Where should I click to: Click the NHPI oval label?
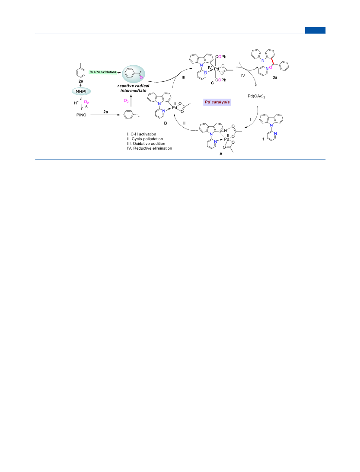[x=81, y=91]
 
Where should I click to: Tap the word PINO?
[x=81, y=115]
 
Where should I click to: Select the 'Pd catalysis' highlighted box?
[x=217, y=102]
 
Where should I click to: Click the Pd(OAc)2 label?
[x=256, y=96]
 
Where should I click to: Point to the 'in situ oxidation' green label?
[x=103, y=72]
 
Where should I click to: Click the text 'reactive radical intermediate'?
[x=133, y=88]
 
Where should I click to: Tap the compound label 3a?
[x=275, y=77]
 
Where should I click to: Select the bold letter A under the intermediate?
[x=221, y=154]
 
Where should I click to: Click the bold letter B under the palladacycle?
[x=166, y=123]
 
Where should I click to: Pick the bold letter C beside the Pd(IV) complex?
[x=212, y=83]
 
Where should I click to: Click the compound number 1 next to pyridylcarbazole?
[x=264, y=139]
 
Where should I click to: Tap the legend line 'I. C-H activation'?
[x=142, y=134]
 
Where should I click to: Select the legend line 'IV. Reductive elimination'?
[x=150, y=148]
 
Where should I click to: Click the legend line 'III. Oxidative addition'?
[x=146, y=144]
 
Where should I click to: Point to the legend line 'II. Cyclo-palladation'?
[x=145, y=139]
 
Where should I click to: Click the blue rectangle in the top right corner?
[x=315, y=30]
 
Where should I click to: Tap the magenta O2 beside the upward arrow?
[x=126, y=101]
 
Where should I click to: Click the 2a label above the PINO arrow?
[x=105, y=112]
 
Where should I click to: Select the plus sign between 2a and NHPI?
[x=80, y=85]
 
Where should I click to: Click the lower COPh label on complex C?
[x=221, y=80]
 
